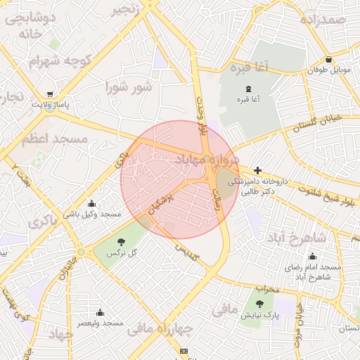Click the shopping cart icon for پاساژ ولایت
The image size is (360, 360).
point(50,94)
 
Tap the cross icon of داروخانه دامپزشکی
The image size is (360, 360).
point(258,170)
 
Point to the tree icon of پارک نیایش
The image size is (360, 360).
point(260,304)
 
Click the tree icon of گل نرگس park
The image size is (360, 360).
point(124,241)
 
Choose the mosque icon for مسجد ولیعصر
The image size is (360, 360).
point(100,312)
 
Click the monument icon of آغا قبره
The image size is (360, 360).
point(247,88)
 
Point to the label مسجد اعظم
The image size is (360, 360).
point(54,139)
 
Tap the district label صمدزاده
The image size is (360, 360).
point(322,19)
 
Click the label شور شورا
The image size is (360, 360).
point(129,88)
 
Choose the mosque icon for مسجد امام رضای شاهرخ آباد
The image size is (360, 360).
point(312,256)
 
